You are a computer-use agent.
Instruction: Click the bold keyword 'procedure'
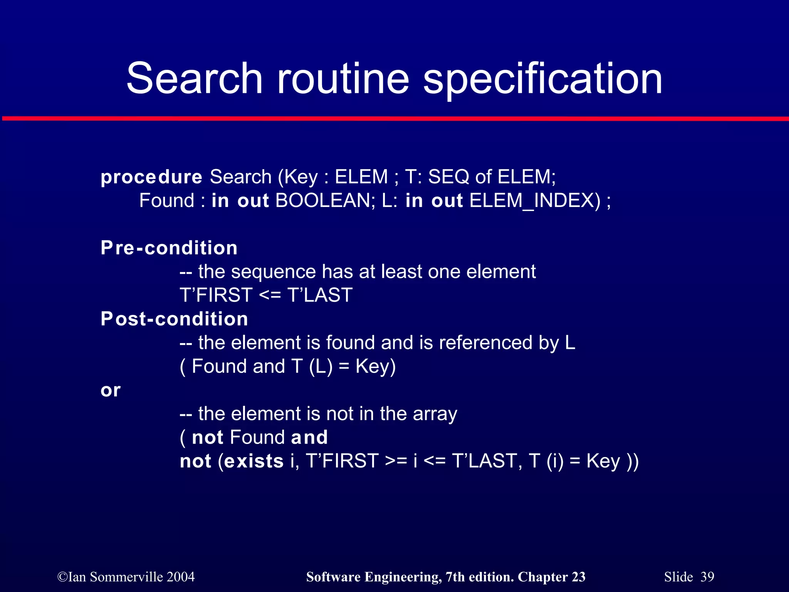point(151,177)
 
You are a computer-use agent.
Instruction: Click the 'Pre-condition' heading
point(169,248)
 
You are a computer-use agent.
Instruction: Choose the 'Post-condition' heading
point(174,319)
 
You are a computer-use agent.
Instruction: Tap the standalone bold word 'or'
point(111,390)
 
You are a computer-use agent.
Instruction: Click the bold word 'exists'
point(254,461)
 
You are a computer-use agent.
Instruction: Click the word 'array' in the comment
point(435,414)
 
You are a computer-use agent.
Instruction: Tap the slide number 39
point(707,577)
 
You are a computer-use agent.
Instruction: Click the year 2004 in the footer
point(181,577)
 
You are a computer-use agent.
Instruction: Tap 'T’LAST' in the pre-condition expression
point(320,296)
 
